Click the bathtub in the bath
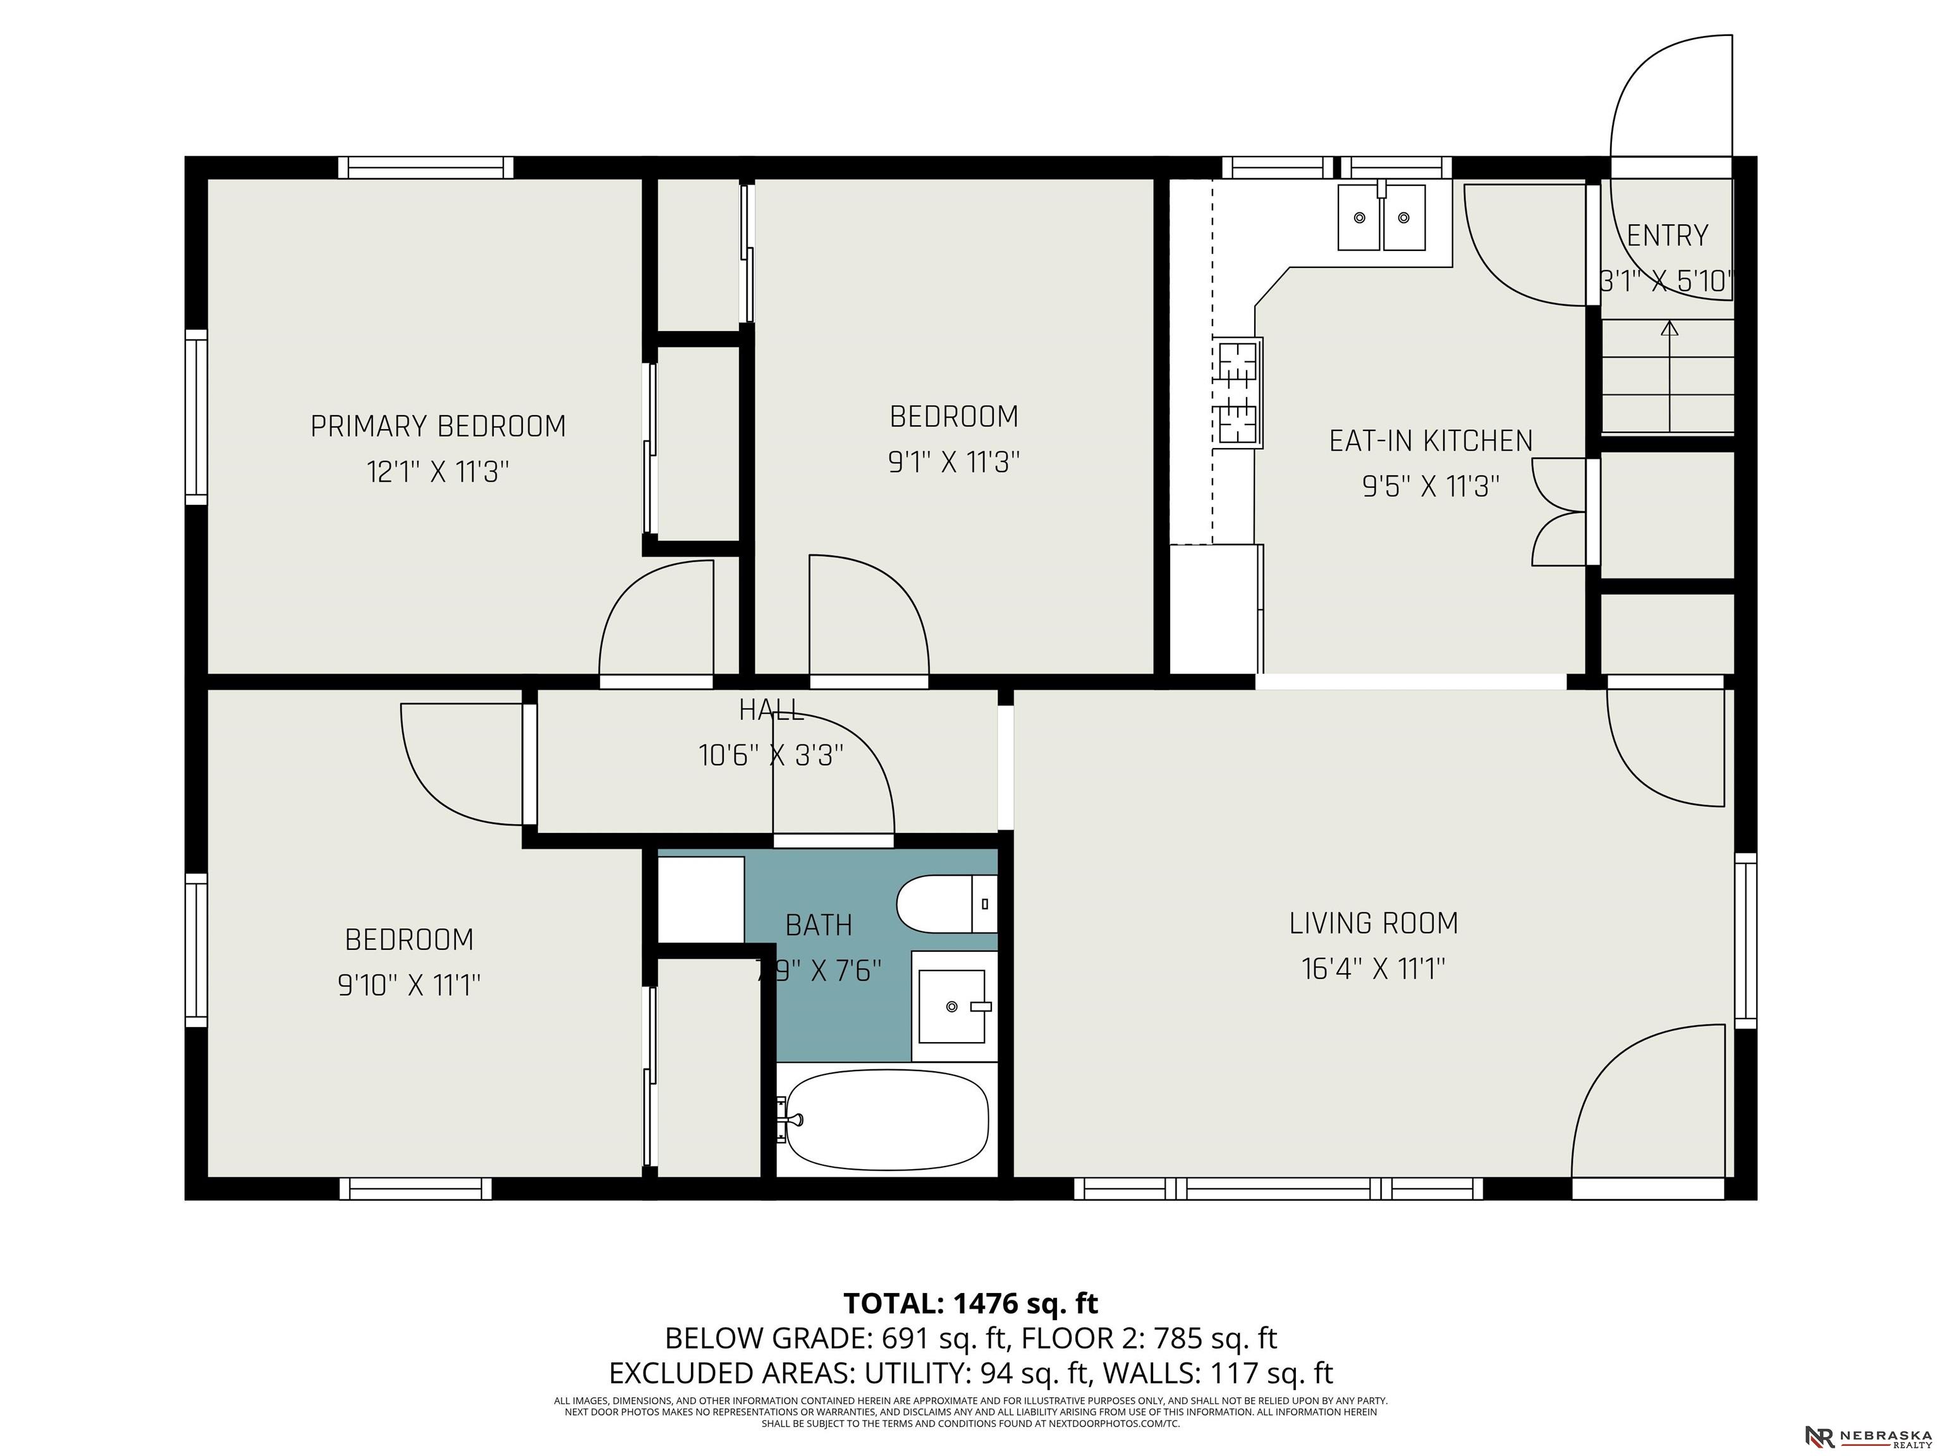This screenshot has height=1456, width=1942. pyautogui.click(x=887, y=1119)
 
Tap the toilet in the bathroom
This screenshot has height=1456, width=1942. pyautogui.click(x=946, y=904)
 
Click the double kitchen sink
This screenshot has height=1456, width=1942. pyautogui.click(x=1381, y=217)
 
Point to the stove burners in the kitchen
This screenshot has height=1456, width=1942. pyautogui.click(x=1239, y=392)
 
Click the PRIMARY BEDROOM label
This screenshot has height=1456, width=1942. pyautogui.click(x=438, y=427)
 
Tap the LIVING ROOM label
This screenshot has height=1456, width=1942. pyautogui.click(x=1374, y=923)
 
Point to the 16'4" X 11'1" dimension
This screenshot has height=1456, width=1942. pyautogui.click(x=1373, y=969)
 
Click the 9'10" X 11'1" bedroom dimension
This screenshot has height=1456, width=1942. pyautogui.click(x=409, y=986)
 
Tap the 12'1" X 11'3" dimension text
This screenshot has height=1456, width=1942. pyautogui.click(x=438, y=472)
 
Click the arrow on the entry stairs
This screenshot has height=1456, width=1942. pyautogui.click(x=1669, y=377)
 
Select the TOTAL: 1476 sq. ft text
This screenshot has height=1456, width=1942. pyautogui.click(x=971, y=1303)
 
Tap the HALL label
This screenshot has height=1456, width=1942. pyautogui.click(x=771, y=710)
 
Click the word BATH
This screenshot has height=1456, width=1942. pyautogui.click(x=818, y=925)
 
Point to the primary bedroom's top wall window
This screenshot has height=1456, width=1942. pyautogui.click(x=426, y=167)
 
